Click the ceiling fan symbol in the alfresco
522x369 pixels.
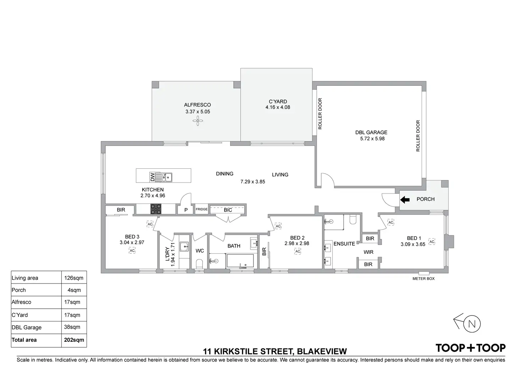point(198,121)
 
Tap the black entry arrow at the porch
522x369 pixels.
point(405,200)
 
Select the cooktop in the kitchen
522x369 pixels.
point(156,209)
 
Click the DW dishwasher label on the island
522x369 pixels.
point(152,177)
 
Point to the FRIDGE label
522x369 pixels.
point(201,209)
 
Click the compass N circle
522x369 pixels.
point(472,324)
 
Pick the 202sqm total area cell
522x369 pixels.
point(74,340)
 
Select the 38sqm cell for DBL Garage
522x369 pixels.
point(72,327)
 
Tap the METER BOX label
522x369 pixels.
point(423,278)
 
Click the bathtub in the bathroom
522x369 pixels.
point(240,261)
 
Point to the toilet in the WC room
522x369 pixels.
point(200,264)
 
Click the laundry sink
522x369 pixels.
point(184,247)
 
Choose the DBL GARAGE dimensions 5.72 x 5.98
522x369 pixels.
point(372,139)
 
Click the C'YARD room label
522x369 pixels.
point(278,102)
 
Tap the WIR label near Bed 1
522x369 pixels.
point(368,252)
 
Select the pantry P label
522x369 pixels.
point(186,210)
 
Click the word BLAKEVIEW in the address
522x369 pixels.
point(322,351)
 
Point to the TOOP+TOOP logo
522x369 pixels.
point(471,348)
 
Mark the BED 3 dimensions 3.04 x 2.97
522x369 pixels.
point(132,242)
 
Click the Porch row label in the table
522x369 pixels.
point(19,290)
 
